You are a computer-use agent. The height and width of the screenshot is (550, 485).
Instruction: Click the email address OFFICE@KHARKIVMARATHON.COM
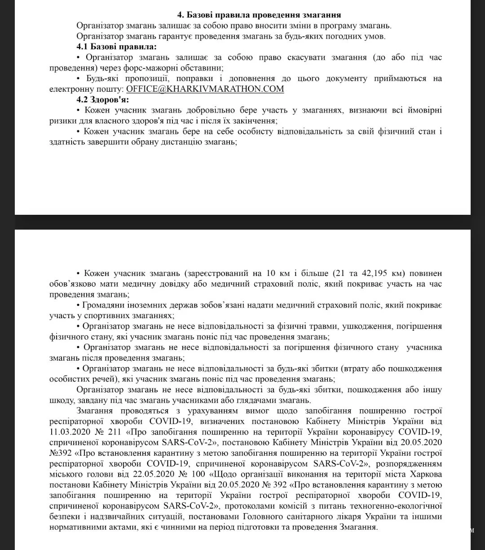205,89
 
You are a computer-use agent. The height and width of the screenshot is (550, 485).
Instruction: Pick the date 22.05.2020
154,475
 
